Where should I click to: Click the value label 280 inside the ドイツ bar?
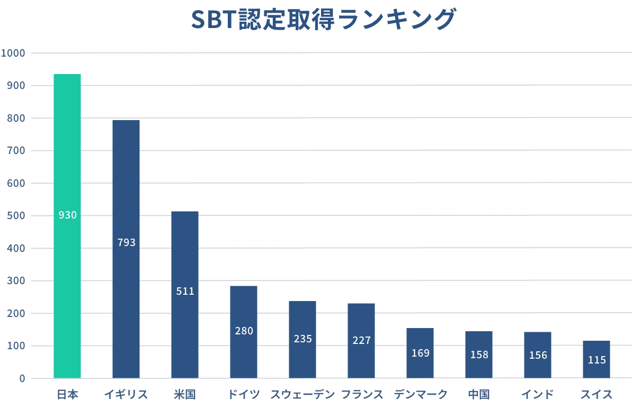click(x=244, y=331)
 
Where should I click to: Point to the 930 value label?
click(x=67, y=215)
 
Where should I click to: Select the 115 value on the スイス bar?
click(x=597, y=360)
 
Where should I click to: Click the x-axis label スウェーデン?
click(x=302, y=395)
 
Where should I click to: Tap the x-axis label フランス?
click(x=362, y=395)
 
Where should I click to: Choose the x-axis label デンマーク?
click(x=421, y=395)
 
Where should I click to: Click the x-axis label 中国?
click(x=479, y=395)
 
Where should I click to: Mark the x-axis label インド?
click(x=538, y=395)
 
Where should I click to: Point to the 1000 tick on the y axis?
click(x=13, y=53)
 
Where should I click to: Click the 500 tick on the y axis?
click(x=15, y=216)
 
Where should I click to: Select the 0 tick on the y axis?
click(x=22, y=378)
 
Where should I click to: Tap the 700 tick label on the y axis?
click(x=15, y=151)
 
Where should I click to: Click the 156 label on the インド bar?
click(x=538, y=356)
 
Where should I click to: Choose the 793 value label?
click(x=126, y=243)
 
